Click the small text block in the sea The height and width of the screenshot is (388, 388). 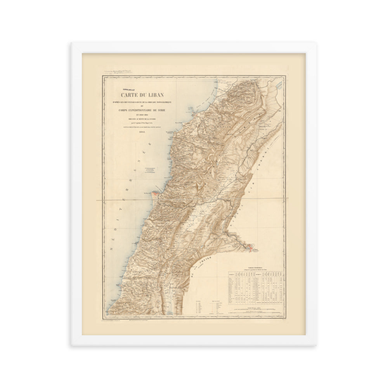pos(150,169)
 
